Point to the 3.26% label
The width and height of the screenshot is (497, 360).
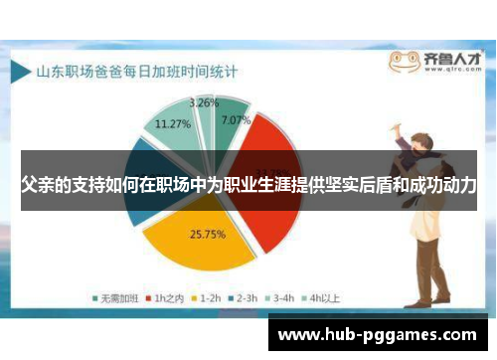click(204, 102)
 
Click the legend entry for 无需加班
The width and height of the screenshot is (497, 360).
click(116, 295)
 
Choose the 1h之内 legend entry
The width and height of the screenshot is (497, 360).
click(163, 295)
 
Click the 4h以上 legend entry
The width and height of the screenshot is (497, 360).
click(320, 295)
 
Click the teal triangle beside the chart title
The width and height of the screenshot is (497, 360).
click(23, 72)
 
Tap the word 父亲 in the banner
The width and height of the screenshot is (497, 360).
click(38, 186)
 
